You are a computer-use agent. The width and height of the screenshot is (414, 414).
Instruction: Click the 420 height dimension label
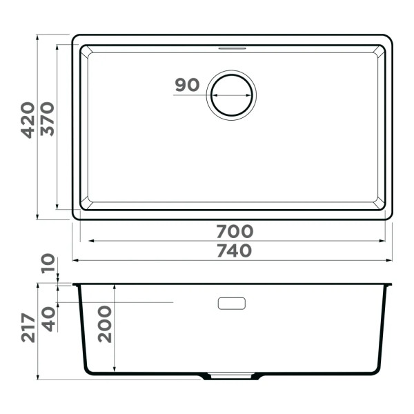point(28,120)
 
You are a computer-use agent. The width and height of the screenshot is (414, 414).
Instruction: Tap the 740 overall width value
point(234,250)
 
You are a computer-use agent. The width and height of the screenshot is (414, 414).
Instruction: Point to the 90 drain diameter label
point(187,86)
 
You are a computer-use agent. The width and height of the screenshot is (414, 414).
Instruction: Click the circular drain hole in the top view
point(233,95)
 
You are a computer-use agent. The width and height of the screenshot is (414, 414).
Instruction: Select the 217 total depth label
point(28,328)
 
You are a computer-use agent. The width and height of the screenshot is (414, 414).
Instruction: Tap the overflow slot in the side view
point(232,303)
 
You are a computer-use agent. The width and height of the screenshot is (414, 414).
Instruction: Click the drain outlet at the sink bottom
point(231,377)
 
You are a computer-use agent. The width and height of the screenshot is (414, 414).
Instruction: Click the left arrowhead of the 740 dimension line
point(75,260)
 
